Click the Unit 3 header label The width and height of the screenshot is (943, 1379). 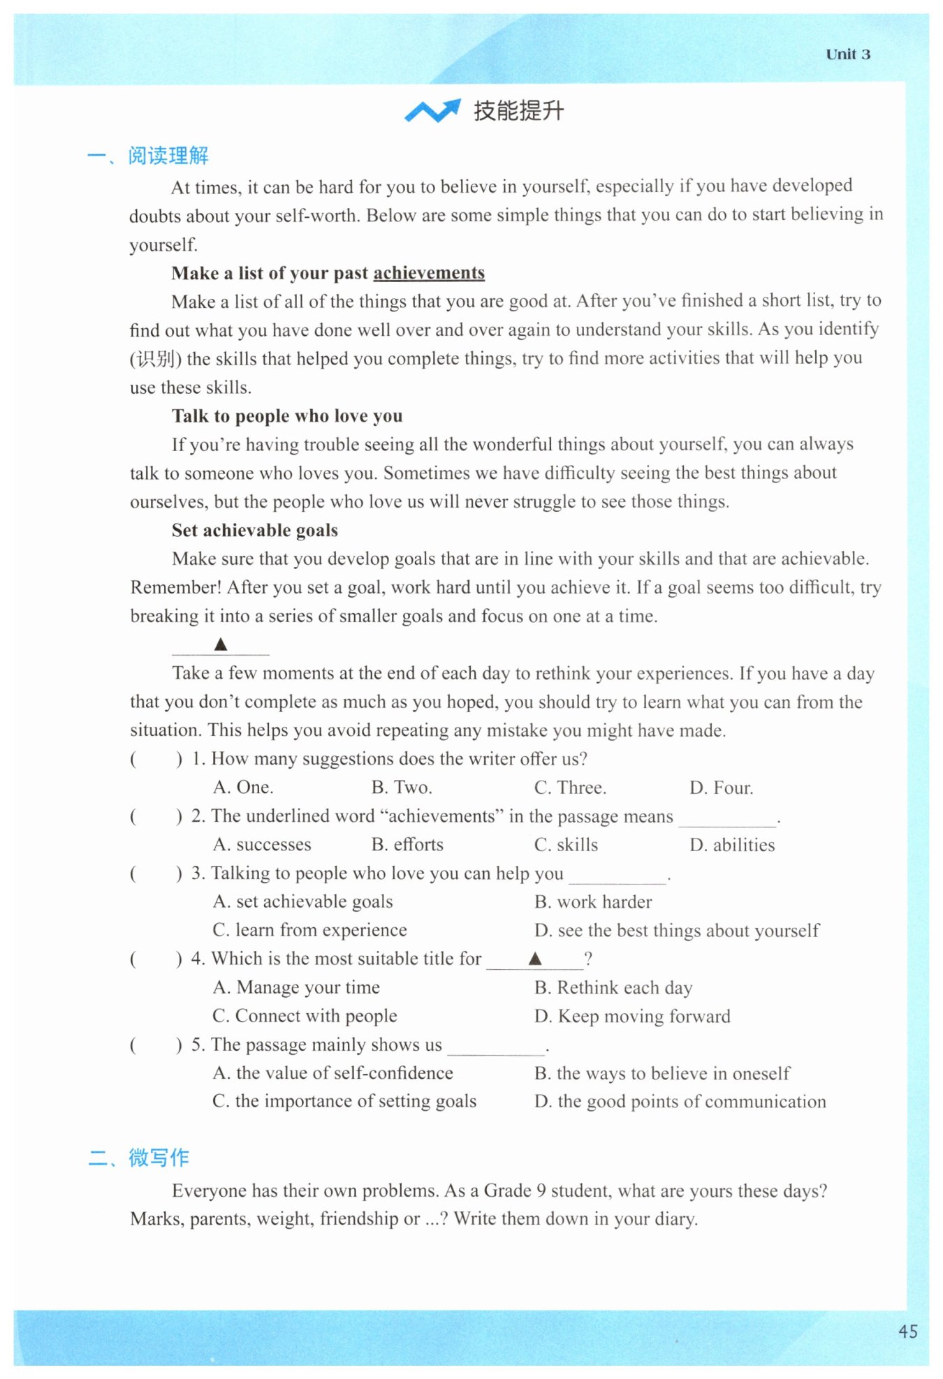click(x=847, y=54)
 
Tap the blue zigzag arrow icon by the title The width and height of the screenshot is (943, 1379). click(x=432, y=110)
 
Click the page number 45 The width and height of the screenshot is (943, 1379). click(x=907, y=1331)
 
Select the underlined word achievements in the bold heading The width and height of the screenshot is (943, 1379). click(x=429, y=273)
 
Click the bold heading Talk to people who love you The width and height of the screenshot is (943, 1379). click(x=287, y=416)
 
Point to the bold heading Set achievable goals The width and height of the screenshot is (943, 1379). click(x=255, y=531)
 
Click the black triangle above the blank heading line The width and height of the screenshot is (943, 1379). click(x=221, y=644)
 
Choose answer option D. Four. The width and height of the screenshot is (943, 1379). click(x=721, y=788)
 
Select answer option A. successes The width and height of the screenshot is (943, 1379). click(x=262, y=845)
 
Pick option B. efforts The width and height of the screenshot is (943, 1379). click(x=407, y=845)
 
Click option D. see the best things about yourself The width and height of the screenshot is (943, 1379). click(x=676, y=931)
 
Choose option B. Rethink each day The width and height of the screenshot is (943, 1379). click(x=613, y=988)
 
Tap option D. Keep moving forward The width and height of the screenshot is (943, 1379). click(x=632, y=1017)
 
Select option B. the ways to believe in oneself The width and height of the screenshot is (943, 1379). click(x=662, y=1073)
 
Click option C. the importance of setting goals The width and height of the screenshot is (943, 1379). click(x=344, y=1102)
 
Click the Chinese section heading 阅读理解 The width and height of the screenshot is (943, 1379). click(x=168, y=156)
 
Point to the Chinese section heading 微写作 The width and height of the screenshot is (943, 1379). click(x=159, y=1158)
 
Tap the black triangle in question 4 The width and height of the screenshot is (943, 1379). click(x=535, y=959)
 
